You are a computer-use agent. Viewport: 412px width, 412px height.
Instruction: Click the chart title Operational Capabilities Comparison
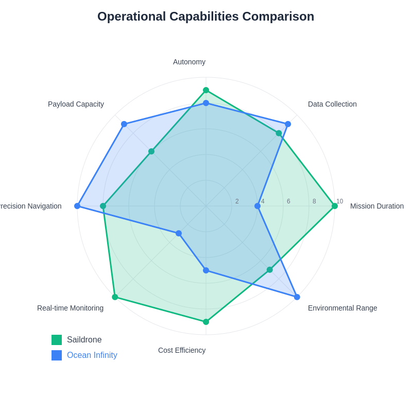tap(205, 16)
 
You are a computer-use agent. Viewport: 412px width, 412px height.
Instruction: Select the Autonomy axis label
tap(189, 62)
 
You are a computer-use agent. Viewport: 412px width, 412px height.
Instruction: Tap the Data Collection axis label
tap(332, 104)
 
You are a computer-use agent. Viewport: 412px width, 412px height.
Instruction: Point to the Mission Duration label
tap(376, 206)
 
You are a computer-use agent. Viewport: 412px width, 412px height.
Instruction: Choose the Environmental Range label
tap(342, 308)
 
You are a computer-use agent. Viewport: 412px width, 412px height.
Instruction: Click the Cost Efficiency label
tap(182, 350)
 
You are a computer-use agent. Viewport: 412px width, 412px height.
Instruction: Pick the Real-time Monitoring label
tap(70, 308)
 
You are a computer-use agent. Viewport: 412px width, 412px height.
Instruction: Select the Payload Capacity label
tap(76, 104)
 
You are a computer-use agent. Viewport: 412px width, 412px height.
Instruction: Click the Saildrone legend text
tap(84, 340)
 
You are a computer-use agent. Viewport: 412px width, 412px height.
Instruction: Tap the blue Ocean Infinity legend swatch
tap(57, 355)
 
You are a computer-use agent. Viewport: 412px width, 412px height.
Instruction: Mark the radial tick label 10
tap(339, 201)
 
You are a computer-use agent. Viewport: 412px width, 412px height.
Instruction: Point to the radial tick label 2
tap(237, 201)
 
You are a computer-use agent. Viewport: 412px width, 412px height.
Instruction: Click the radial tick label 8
tap(314, 201)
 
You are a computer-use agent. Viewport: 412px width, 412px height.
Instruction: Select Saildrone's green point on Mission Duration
tap(335, 206)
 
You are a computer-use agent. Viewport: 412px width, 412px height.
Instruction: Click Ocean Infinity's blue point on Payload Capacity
tap(124, 124)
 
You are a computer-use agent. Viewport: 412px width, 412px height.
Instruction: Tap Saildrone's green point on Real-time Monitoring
tap(115, 297)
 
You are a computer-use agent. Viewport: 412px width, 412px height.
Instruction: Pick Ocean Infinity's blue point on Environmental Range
tap(297, 297)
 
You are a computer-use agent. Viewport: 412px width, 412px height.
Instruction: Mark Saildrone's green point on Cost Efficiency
tap(206, 322)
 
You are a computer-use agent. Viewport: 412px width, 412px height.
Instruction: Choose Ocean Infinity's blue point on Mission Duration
tap(257, 206)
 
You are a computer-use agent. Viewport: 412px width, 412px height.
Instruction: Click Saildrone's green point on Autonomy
tap(206, 90)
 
